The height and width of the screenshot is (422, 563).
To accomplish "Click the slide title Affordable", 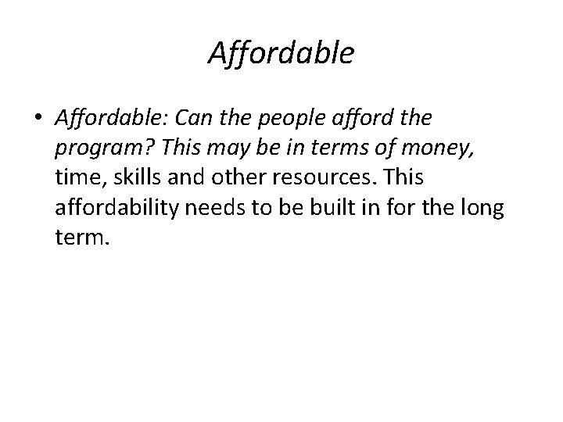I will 281,54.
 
